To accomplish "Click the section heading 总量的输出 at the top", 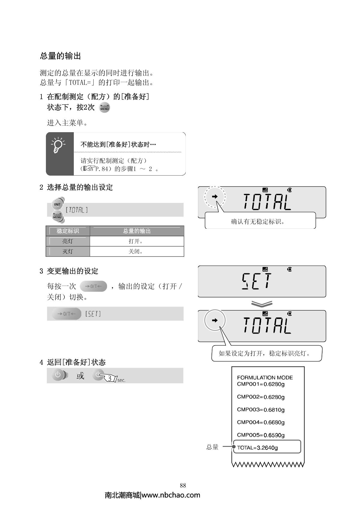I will click(61, 56).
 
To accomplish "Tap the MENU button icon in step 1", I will click(104, 107).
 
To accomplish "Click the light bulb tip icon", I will click(59, 146).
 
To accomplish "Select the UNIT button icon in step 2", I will click(57, 204).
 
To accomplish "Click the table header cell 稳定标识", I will click(68, 231).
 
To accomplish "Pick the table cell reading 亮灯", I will click(68, 241).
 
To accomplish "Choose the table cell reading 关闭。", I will click(136, 251).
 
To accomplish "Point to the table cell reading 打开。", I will click(136, 241).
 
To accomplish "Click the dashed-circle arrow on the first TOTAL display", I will click(215, 197).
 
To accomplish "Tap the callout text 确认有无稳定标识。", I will click(258, 222).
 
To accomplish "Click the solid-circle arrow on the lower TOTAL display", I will click(215, 320).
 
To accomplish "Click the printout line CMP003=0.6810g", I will click(261, 410).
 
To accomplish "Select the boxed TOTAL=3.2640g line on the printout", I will click(266, 448).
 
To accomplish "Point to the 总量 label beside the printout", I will click(212, 447).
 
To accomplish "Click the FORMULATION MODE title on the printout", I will click(265, 378).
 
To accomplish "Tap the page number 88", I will click(183, 486).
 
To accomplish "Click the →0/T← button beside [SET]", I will click(67, 314).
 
